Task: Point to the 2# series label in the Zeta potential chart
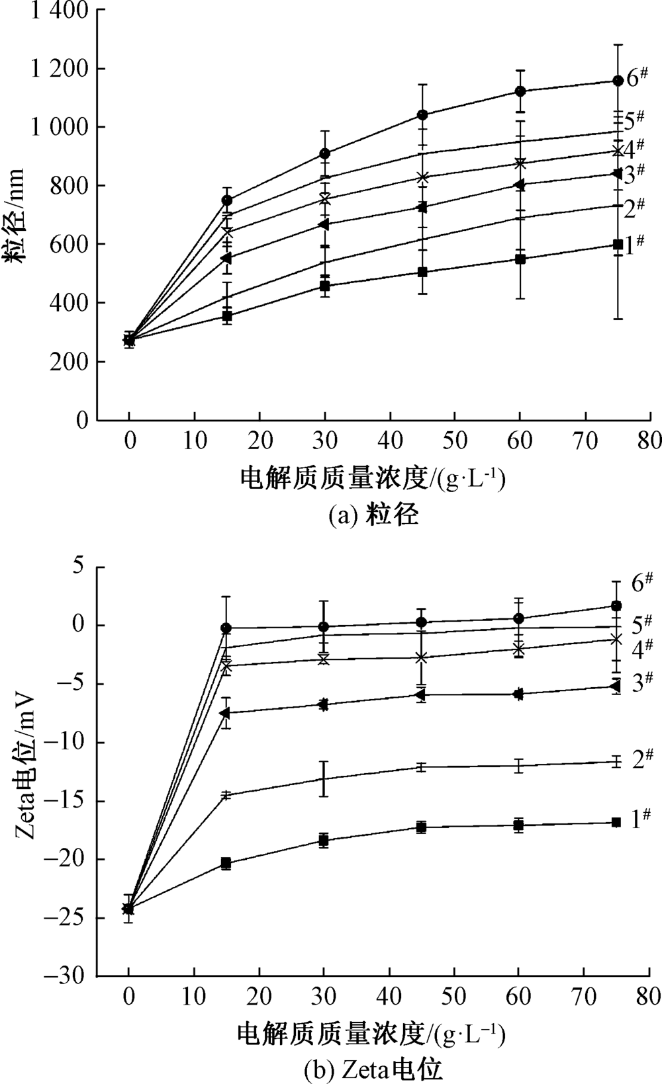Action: coord(641,759)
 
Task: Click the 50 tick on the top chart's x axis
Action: coord(455,440)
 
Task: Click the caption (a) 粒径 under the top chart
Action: coord(374,515)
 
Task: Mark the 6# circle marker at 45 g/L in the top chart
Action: coord(422,115)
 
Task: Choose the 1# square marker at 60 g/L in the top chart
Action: coord(520,259)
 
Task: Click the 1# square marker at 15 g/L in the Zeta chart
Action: coord(226,863)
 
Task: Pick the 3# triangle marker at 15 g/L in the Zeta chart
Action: coord(226,712)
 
